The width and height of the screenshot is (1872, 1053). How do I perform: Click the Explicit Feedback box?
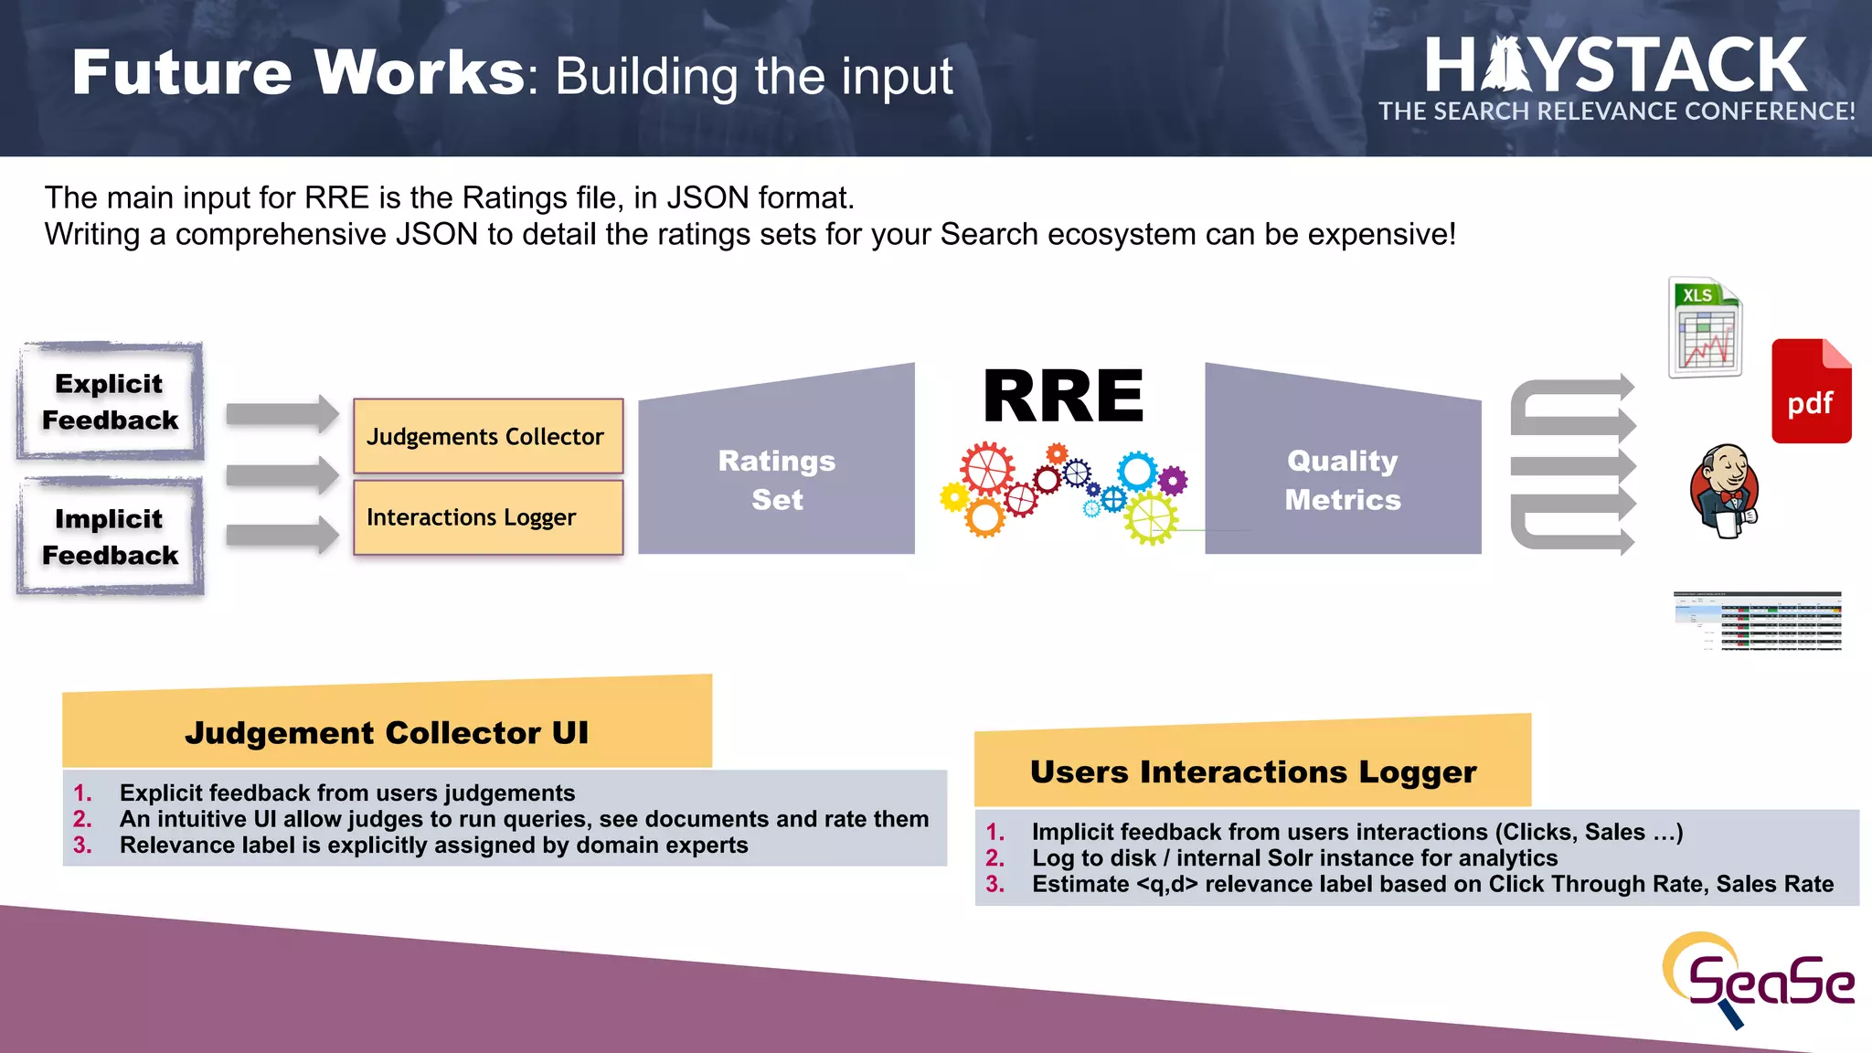pyautogui.click(x=110, y=401)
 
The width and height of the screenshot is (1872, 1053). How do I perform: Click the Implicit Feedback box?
pyautogui.click(x=110, y=537)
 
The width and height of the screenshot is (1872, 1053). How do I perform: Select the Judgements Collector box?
pyautogui.click(x=488, y=436)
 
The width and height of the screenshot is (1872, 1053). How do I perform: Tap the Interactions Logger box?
pyautogui.click(x=488, y=517)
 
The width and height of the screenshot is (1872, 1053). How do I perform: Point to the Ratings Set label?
pyautogui.click(x=776, y=480)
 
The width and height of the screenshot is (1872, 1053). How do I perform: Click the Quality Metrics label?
pyautogui.click(x=1342, y=480)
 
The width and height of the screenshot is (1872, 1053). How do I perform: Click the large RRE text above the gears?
pyautogui.click(x=1063, y=398)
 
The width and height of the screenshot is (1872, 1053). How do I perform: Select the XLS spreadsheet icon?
pyautogui.click(x=1705, y=328)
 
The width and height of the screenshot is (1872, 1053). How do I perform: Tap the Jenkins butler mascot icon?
pyautogui.click(x=1724, y=491)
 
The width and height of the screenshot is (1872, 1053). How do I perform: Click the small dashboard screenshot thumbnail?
pyautogui.click(x=1757, y=621)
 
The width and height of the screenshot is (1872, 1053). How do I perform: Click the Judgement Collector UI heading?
pyautogui.click(x=387, y=733)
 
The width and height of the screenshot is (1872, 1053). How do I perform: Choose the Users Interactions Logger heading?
pyautogui.click(x=1252, y=772)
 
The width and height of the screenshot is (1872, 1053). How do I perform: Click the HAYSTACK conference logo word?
pyautogui.click(x=1615, y=66)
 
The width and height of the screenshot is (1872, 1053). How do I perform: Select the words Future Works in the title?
pyautogui.click(x=298, y=72)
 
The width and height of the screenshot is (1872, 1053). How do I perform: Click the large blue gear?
pyautogui.click(x=1138, y=472)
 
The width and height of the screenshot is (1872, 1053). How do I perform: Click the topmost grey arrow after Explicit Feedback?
pyautogui.click(x=282, y=414)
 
